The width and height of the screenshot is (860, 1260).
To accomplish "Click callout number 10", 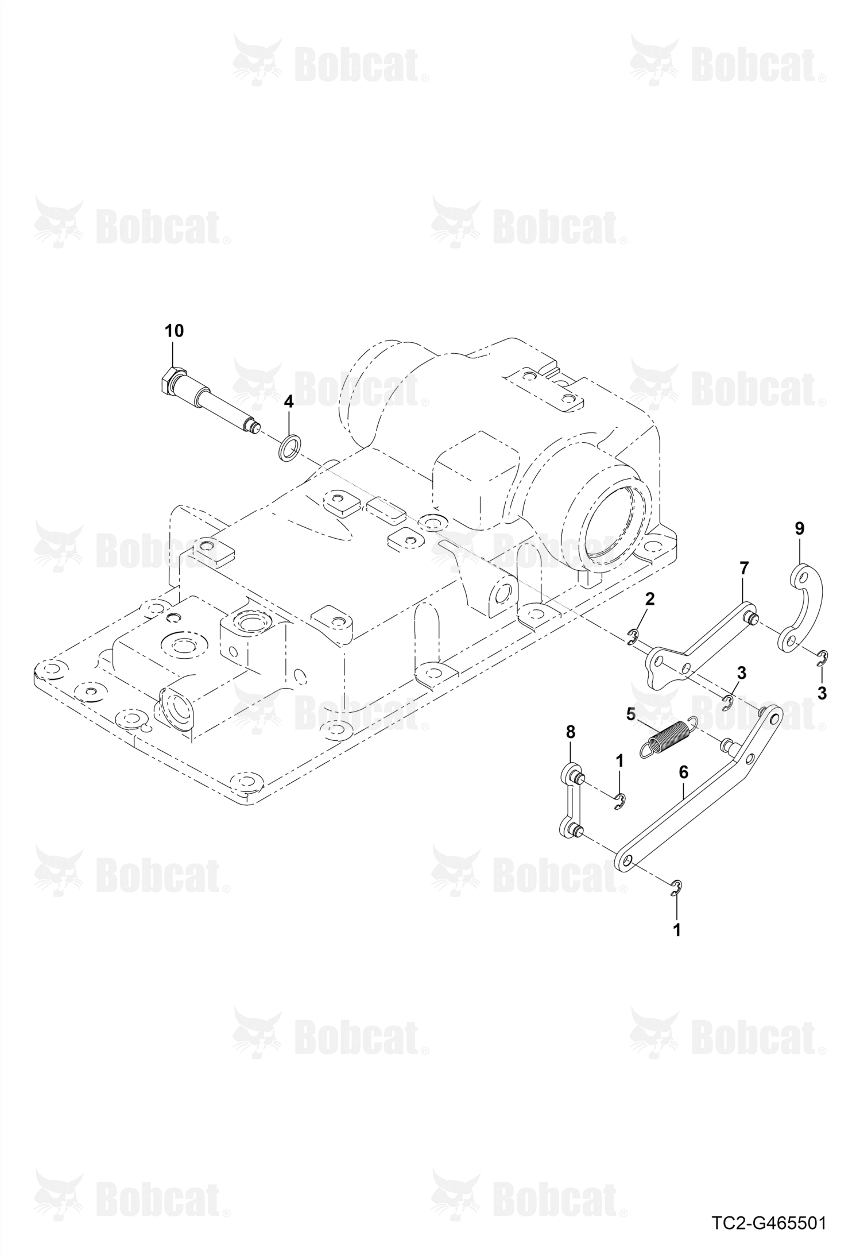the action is click(175, 331).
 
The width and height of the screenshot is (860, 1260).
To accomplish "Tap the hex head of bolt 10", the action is click(169, 380).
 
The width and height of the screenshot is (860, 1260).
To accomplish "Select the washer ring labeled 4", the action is click(289, 448).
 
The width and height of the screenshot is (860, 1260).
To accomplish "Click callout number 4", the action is click(289, 401).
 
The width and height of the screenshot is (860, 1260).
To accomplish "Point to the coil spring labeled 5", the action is click(669, 737).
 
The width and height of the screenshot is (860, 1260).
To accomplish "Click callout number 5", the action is click(631, 715).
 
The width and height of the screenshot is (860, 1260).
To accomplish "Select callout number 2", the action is click(649, 600).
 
